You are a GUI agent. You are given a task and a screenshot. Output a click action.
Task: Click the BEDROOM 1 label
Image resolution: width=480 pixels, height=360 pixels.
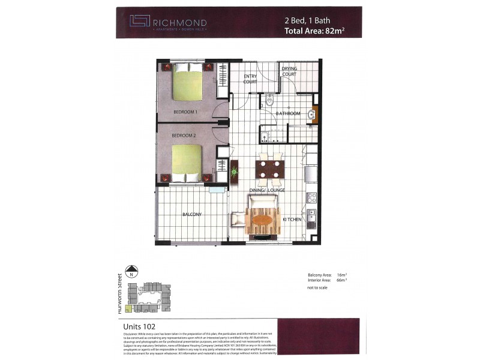[x=185, y=112]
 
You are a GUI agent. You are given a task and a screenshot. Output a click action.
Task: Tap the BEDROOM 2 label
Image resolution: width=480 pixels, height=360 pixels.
[x=184, y=136]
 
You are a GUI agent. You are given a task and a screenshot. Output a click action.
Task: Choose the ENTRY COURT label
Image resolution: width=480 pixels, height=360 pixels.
[x=250, y=79]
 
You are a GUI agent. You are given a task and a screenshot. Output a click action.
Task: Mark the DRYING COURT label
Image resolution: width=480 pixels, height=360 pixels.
[x=289, y=72]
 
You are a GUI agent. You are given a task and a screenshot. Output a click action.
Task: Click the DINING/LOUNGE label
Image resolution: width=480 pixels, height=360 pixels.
[x=267, y=190]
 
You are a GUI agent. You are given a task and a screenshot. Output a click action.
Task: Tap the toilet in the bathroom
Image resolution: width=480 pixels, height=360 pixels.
[x=270, y=100]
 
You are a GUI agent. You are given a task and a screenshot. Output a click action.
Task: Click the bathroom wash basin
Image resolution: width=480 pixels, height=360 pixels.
[x=311, y=114]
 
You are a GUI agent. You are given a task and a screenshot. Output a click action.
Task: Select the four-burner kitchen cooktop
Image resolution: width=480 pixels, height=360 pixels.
[x=311, y=196]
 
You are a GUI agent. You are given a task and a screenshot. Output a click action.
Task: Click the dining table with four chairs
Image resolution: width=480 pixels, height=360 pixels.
[x=269, y=167]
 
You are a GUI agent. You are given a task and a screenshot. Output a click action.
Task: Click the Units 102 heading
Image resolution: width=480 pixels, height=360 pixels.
[x=136, y=326]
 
